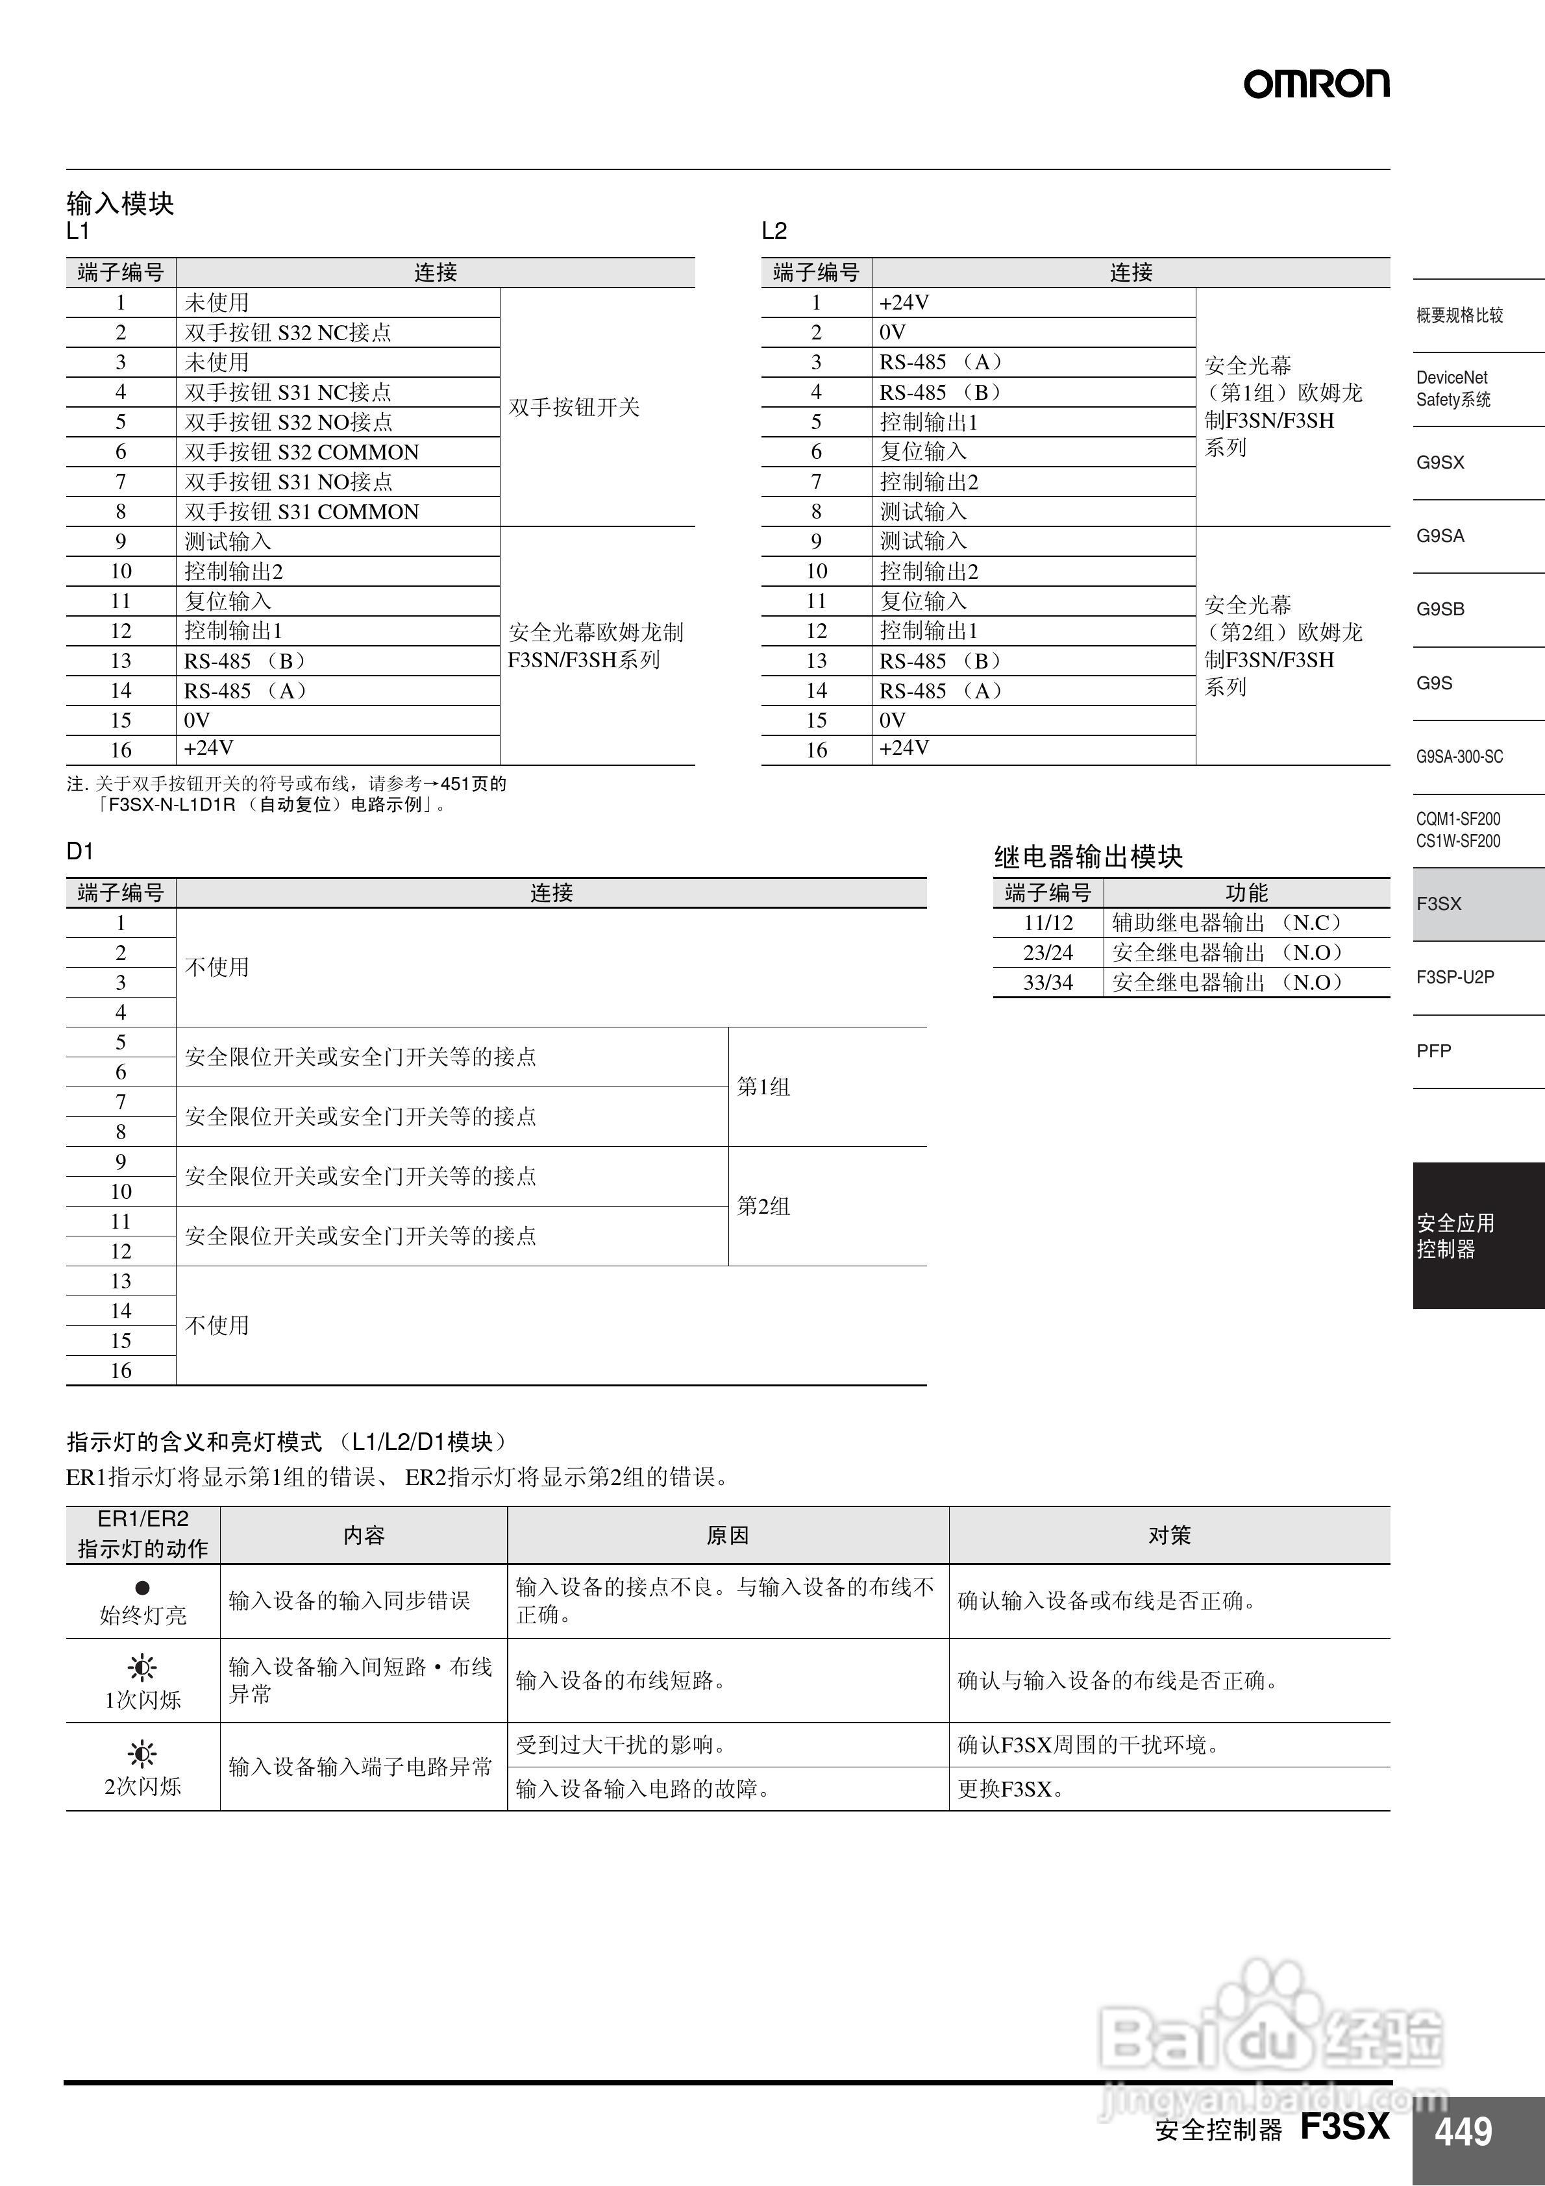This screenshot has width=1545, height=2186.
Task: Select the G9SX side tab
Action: tap(1440, 463)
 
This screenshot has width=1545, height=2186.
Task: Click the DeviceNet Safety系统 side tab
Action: tap(1453, 388)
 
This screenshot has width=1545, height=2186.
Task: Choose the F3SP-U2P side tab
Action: tap(1455, 977)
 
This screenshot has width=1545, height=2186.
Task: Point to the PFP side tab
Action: tap(1433, 1051)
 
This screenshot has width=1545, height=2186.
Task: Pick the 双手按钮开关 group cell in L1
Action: tap(575, 408)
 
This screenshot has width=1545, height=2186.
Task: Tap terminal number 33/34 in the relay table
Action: tap(1048, 983)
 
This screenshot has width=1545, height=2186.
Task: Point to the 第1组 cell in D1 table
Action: tap(764, 1087)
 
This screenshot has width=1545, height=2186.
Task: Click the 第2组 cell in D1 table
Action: tap(764, 1207)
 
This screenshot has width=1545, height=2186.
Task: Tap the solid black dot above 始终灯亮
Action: tap(143, 1587)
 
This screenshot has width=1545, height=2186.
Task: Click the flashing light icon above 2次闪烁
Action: tap(143, 1754)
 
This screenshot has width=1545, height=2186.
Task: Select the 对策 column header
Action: tap(1168, 1535)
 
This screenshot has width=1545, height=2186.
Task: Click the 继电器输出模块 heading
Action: tap(1088, 857)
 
